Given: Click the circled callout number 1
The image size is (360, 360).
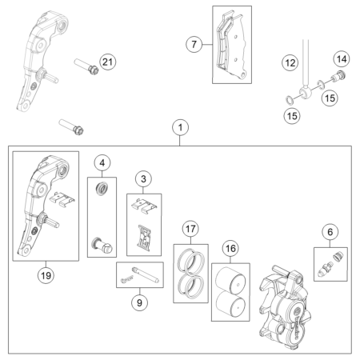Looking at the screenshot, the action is click(x=181, y=127).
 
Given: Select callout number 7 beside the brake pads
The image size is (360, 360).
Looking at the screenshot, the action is click(x=194, y=44).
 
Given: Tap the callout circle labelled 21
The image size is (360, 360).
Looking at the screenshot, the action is click(x=108, y=62).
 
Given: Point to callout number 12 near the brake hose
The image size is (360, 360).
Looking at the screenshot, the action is click(x=290, y=63).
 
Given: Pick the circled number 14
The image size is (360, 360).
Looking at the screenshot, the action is click(x=342, y=59).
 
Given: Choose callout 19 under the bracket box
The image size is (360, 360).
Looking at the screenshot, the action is click(x=46, y=275).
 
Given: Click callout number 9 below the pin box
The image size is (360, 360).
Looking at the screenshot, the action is click(x=139, y=302).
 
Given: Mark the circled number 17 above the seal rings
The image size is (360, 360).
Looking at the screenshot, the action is click(x=190, y=229).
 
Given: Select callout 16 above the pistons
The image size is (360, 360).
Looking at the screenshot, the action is click(x=230, y=248).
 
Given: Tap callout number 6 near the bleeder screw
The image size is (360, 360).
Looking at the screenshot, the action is click(x=330, y=232).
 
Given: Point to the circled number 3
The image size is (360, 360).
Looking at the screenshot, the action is click(x=143, y=178).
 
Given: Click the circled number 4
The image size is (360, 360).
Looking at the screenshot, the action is click(x=102, y=162).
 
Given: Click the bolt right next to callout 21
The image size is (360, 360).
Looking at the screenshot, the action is click(x=86, y=66).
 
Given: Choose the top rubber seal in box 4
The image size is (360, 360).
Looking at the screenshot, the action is click(x=102, y=188).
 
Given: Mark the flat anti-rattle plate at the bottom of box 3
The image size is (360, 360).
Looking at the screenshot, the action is click(x=145, y=238).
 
